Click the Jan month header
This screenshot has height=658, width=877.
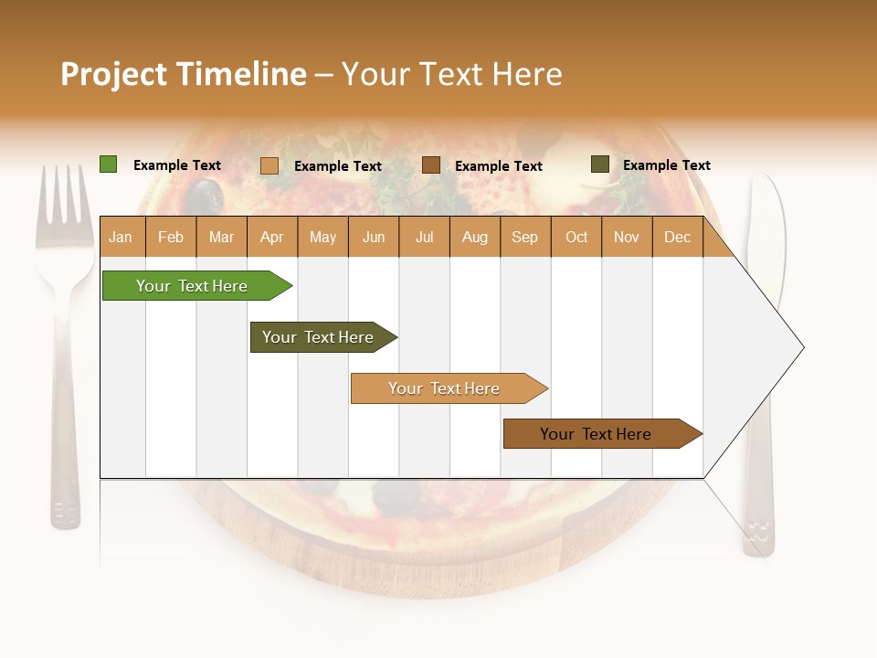pos(122,237)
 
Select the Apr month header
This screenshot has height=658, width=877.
pos(272,237)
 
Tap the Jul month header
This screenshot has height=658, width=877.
pos(424,237)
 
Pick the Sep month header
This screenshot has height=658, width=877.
pos(525,237)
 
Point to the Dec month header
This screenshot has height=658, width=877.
pos(677,237)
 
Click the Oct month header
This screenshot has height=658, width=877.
pos(576,237)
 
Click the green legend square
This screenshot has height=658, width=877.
pos(108,164)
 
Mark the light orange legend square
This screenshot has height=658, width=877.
pos(269,165)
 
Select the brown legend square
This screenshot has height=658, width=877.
pos(431,165)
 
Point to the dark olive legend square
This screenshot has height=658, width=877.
pos(599,164)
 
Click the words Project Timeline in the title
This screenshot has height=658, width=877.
pos(183,74)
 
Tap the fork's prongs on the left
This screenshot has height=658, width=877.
pos(63,206)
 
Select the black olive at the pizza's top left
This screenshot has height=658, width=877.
pos(205,194)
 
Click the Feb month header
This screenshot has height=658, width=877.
pos(171,237)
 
